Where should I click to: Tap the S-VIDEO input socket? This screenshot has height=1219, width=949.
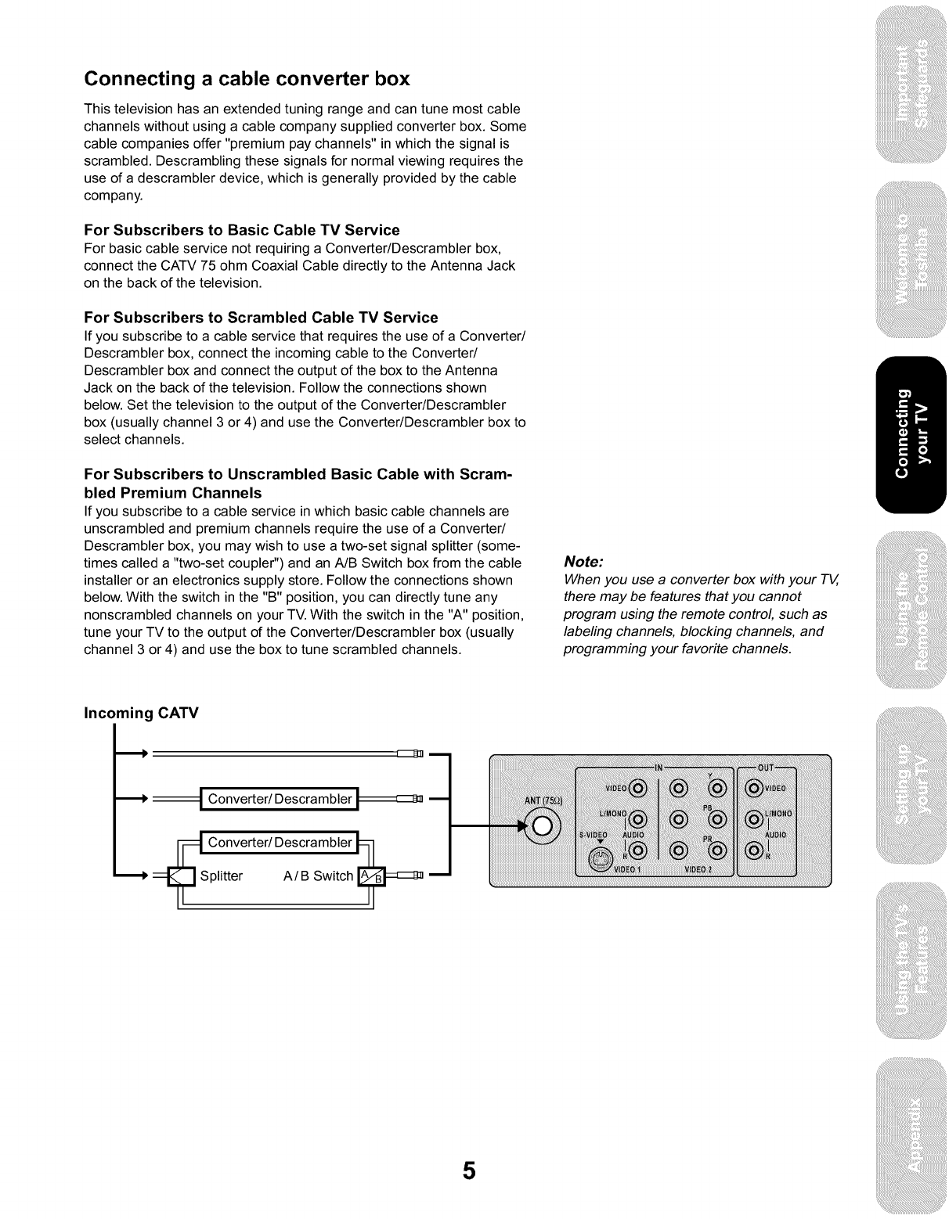[x=601, y=861]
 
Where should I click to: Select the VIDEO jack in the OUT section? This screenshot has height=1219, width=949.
[x=754, y=788]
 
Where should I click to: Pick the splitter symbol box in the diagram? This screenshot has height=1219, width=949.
[x=182, y=876]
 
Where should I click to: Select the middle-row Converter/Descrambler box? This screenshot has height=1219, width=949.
[x=280, y=799]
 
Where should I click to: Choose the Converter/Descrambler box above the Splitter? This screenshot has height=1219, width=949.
[x=280, y=843]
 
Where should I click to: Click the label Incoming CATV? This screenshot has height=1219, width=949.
[x=141, y=713]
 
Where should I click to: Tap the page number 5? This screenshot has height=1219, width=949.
[x=468, y=1170]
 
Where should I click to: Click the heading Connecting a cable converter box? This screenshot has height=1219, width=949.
[x=247, y=79]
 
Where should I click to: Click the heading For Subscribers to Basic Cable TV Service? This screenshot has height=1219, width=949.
[x=241, y=230]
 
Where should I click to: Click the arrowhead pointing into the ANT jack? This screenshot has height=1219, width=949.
[x=524, y=825]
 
